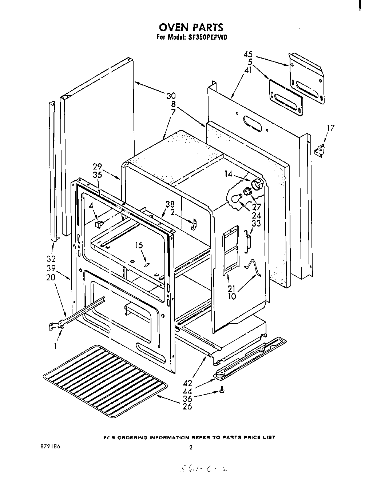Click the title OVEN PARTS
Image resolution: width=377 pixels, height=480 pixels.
tap(190, 27)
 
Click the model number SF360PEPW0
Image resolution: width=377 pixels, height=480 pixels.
tap(209, 37)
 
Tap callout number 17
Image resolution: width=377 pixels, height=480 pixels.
tap(330, 128)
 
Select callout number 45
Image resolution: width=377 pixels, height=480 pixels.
tap(248, 55)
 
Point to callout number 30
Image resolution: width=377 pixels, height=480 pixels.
tap(171, 96)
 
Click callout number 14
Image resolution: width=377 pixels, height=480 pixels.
tap(228, 174)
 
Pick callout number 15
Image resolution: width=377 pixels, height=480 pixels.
tap(139, 245)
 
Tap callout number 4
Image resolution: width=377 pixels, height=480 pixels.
tap(91, 206)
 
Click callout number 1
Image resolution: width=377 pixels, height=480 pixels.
tap(56, 347)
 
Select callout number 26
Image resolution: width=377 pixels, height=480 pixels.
tap(187, 406)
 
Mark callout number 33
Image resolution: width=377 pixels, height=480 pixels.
tap(256, 223)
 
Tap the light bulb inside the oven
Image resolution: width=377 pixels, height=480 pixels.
tap(235, 198)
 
